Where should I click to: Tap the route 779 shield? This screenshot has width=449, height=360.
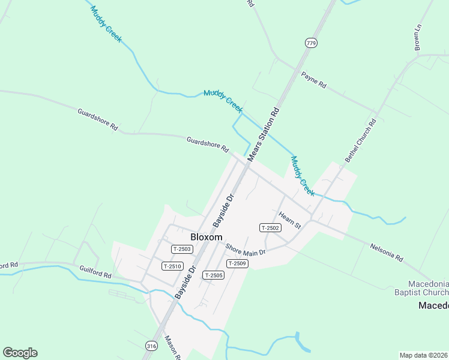click(x=310, y=43)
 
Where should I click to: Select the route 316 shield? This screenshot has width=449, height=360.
click(x=151, y=345)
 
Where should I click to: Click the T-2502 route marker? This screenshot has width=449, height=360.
click(x=270, y=227)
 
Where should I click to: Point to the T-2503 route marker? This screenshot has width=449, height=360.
click(x=181, y=248)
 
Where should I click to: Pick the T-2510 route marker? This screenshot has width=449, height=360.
click(x=172, y=266)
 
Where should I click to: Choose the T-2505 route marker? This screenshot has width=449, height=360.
click(x=213, y=275)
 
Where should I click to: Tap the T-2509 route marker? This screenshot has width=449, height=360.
click(x=237, y=263)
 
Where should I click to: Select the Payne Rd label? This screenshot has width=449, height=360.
click(x=313, y=80)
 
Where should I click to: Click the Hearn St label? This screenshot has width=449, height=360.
click(x=289, y=220)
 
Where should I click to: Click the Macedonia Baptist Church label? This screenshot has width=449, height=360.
click(x=428, y=288)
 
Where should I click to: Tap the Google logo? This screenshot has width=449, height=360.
click(x=20, y=353)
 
